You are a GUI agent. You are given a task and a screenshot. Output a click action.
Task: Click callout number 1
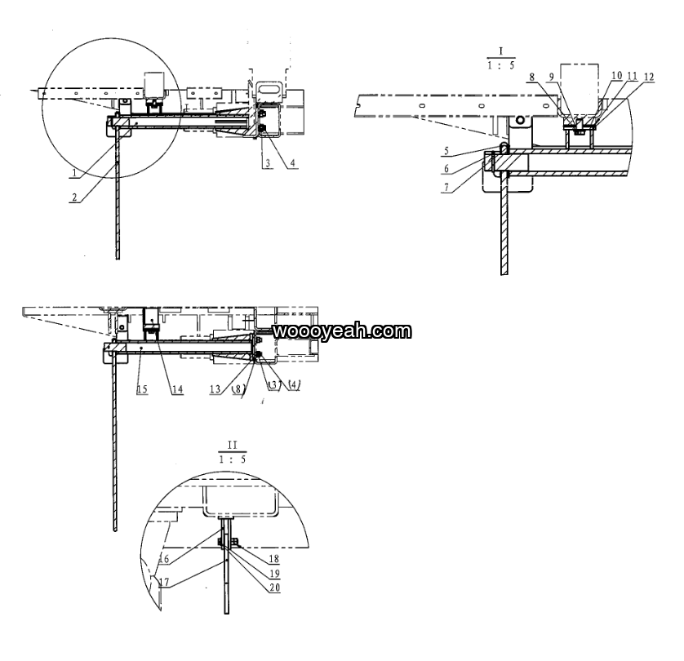pos(74,173)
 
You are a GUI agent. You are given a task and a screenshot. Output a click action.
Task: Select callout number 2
pos(74,197)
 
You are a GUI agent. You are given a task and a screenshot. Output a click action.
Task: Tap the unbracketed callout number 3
pos(268,163)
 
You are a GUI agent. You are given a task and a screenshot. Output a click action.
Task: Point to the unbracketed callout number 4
pos(293,163)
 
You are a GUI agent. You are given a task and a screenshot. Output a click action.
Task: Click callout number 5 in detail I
pos(446,151)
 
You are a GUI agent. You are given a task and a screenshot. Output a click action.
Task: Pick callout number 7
pos(446,188)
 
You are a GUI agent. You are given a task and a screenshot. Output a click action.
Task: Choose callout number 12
pos(649,78)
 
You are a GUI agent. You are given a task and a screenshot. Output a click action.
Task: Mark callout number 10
pos(617,75)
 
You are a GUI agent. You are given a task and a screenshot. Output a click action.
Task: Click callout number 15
pos(142,389)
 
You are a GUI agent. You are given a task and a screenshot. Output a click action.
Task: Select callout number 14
pos(177,389)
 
